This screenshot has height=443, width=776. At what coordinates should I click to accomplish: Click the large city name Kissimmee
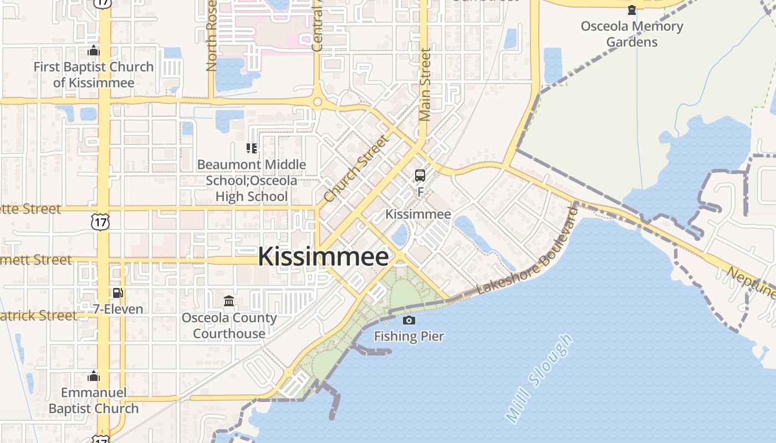tap(323, 257)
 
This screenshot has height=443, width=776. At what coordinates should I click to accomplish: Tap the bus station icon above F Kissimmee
tap(420, 176)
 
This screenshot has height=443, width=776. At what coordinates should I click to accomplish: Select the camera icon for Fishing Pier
tap(409, 320)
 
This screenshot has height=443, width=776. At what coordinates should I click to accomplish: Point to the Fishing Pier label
tap(409, 336)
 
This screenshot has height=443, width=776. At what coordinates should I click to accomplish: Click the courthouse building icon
tap(229, 301)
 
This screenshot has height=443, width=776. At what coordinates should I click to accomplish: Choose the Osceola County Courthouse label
tap(229, 326)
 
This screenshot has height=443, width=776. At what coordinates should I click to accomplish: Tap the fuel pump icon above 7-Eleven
tap(118, 293)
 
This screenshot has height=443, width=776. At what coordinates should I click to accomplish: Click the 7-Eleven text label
tap(118, 309)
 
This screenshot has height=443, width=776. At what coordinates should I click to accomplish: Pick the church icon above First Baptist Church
tap(94, 51)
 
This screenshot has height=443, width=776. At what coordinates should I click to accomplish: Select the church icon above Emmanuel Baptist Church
tap(94, 377)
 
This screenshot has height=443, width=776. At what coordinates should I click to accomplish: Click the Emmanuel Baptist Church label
tap(94, 400)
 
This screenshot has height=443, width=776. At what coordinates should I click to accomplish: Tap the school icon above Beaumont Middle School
tap(251, 148)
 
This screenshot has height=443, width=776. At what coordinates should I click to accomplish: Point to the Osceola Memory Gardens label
tap(632, 34)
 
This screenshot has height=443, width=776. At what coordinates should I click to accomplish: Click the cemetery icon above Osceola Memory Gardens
tap(632, 10)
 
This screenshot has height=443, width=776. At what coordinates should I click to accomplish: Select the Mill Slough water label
tap(539, 378)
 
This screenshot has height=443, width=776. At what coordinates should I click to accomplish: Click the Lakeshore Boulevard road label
tap(528, 251)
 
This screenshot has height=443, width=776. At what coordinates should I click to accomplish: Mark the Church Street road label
tap(356, 168)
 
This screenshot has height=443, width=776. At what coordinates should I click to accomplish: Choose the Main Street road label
tap(425, 85)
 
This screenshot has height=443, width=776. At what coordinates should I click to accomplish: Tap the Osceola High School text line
tap(251, 196)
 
